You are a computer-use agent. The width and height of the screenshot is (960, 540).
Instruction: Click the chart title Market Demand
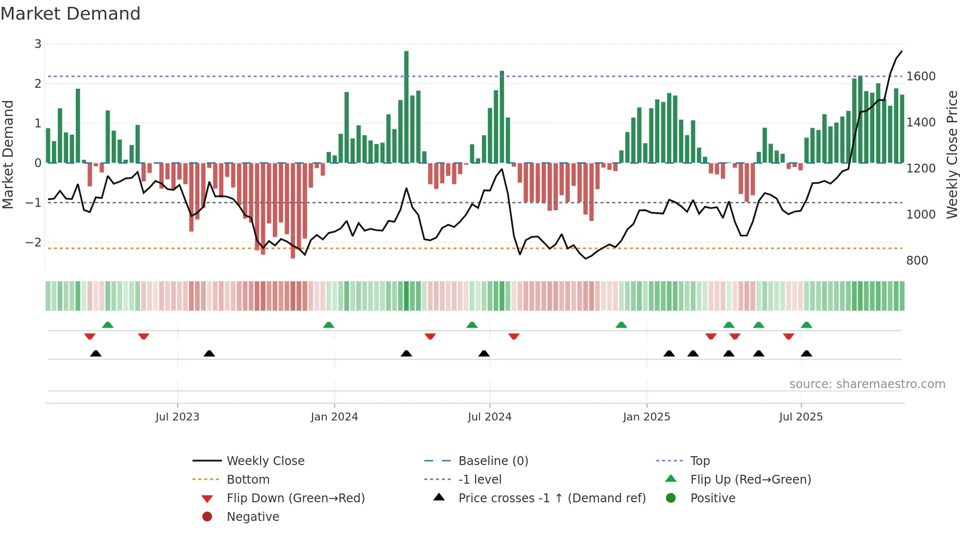[71, 14]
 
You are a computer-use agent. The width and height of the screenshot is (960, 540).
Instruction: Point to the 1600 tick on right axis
[920, 76]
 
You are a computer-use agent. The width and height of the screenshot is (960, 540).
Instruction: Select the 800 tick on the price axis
[917, 261]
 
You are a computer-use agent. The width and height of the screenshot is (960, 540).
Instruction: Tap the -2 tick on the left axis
[34, 243]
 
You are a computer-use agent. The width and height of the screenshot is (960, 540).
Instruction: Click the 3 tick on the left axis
[38, 44]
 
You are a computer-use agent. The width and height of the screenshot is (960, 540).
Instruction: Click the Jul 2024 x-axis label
[489, 417]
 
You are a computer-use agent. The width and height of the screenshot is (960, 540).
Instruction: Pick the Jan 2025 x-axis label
[646, 417]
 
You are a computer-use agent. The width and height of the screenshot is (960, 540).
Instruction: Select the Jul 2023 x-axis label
[177, 417]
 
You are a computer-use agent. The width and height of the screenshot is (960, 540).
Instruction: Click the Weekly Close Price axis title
[952, 154]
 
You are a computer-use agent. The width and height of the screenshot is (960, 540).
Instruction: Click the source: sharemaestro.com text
[867, 384]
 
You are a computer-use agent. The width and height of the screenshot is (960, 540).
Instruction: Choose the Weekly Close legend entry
[265, 461]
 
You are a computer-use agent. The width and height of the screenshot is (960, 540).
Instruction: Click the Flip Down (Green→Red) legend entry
[295, 498]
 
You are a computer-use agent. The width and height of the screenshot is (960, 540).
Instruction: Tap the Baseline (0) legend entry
[493, 461]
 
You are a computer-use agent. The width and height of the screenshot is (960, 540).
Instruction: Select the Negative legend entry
[253, 517]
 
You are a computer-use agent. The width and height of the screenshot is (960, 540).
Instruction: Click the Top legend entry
[699, 461]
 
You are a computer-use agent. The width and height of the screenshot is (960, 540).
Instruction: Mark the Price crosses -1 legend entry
[552, 498]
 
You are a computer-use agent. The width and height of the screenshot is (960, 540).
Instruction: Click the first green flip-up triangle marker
[108, 325]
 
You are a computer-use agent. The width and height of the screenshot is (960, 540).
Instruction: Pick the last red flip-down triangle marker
[788, 336]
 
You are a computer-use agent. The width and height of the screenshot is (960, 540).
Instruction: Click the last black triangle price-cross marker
[806, 353]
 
